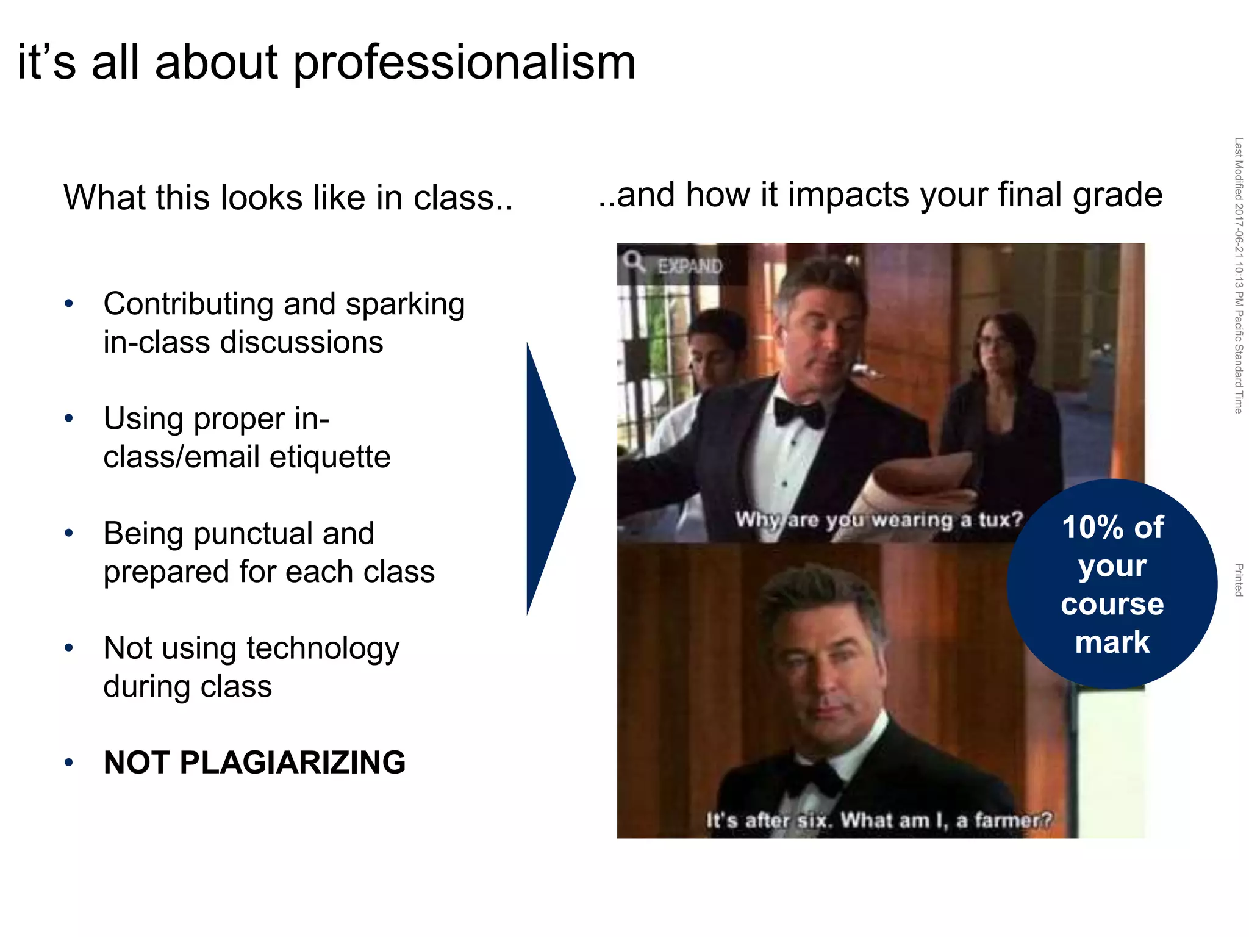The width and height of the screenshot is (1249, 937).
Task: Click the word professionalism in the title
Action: click(465, 63)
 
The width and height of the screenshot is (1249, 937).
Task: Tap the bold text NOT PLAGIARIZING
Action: click(254, 763)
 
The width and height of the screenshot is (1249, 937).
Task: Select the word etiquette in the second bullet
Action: click(329, 457)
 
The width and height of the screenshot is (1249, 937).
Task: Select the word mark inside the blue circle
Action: click(1112, 642)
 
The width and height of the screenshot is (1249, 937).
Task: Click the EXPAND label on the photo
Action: click(690, 266)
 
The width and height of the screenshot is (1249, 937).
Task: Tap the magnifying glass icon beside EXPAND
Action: click(634, 261)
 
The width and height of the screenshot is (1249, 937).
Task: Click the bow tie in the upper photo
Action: click(799, 413)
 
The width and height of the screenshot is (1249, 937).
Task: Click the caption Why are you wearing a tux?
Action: click(878, 520)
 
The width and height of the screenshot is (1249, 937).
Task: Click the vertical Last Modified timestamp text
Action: click(1238, 275)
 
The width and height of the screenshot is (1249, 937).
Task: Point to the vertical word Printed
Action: click(1238, 580)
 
